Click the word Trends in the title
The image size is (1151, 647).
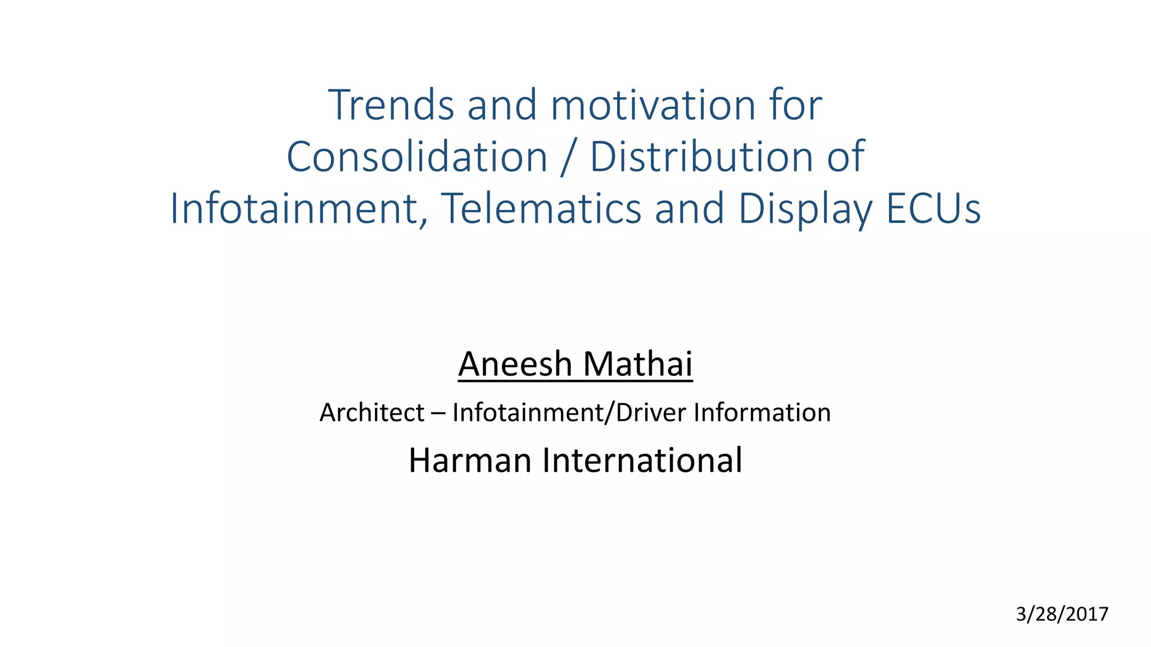point(391,105)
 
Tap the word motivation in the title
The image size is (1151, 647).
point(652,105)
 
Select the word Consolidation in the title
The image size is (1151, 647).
point(416,157)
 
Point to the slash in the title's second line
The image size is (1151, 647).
point(568,158)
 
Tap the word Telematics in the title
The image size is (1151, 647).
point(541,209)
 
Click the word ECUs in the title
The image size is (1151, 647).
point(934,209)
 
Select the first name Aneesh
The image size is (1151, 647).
point(515,364)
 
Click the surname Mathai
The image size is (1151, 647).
point(638,364)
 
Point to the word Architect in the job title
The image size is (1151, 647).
point(371,413)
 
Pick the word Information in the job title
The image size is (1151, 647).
point(762,413)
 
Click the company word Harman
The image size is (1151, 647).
point(470,461)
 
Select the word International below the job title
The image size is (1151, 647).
point(642,461)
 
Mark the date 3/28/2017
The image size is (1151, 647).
point(1062,614)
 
